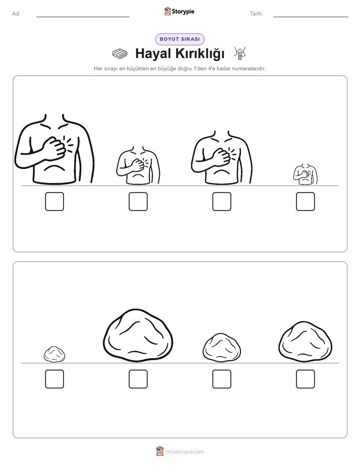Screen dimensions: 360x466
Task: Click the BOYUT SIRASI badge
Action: pyautogui.click(x=179, y=39)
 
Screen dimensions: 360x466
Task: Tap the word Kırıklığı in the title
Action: pyautogui.click(x=200, y=53)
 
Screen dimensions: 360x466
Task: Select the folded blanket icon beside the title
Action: pyautogui.click(x=120, y=54)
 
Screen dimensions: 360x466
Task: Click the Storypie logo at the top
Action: pyautogui.click(x=179, y=12)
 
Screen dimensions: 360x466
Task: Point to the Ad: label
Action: pyautogui.click(x=16, y=14)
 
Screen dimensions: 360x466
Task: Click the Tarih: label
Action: pyautogui.click(x=256, y=14)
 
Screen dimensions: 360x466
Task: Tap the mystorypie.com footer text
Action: pyautogui.click(x=185, y=452)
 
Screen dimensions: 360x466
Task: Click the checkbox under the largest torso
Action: pyautogui.click(x=54, y=202)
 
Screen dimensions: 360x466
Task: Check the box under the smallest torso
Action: pyautogui.click(x=306, y=202)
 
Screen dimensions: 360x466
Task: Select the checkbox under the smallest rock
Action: pyautogui.click(x=54, y=379)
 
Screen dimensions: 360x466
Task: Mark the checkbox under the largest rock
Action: pyautogui.click(x=138, y=379)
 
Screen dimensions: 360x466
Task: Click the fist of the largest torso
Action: pyautogui.click(x=54, y=148)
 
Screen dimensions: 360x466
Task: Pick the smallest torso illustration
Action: pyautogui.click(x=306, y=174)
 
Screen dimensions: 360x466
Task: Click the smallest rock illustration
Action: pyautogui.click(x=54, y=354)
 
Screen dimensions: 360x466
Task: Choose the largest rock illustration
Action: pyautogui.click(x=138, y=336)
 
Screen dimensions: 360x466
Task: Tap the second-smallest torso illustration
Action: pyautogui.click(x=138, y=165)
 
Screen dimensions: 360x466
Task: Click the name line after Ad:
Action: pyautogui.click(x=83, y=17)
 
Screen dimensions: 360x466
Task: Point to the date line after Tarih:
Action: pyautogui.click(x=311, y=17)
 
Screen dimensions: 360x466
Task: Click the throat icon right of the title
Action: pyautogui.click(x=240, y=53)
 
